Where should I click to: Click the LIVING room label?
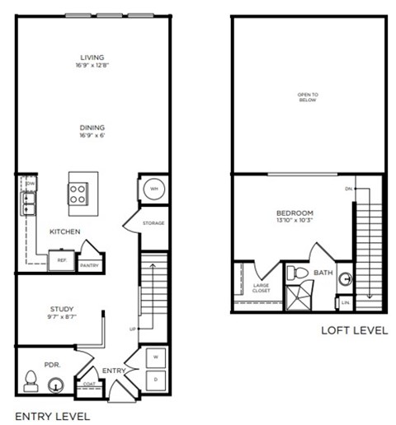[91, 56]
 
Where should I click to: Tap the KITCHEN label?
[64, 231]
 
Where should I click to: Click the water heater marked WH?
[153, 189]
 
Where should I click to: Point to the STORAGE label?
[153, 223]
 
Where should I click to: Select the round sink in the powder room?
[55, 383]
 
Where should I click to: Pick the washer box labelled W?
[155, 357]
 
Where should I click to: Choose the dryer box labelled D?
[155, 379]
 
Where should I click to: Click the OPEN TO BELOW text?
[309, 97]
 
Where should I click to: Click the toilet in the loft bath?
[298, 273]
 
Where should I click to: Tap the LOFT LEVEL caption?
[354, 331]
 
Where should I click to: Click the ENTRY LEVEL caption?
[52, 417]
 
